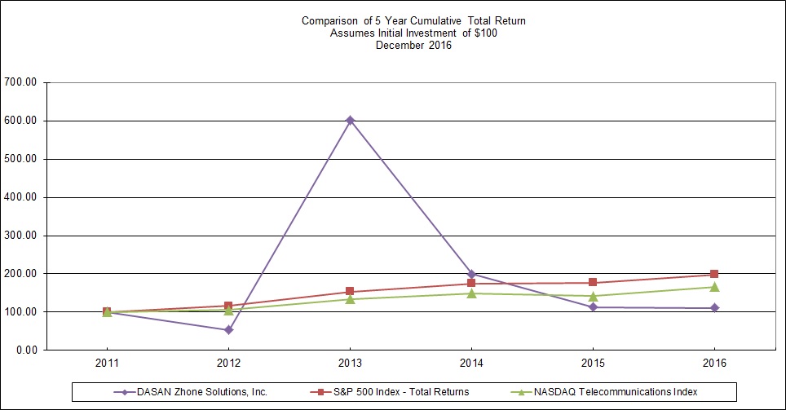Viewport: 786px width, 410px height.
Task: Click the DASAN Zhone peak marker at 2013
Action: coord(350,120)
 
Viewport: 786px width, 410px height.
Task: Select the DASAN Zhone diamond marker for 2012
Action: coord(228,330)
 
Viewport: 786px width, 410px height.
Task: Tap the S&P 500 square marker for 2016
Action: coord(714,274)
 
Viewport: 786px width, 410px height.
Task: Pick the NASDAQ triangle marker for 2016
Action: coord(714,287)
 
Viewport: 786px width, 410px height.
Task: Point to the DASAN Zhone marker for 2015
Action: coord(593,307)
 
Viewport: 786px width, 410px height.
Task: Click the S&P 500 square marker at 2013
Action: coord(350,292)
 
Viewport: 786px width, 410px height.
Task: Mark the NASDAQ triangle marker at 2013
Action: coord(350,299)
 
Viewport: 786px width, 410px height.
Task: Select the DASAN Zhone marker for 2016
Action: coord(714,308)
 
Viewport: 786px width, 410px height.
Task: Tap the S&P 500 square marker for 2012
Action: coord(228,306)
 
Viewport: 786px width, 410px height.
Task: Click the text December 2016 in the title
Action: coord(413,46)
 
